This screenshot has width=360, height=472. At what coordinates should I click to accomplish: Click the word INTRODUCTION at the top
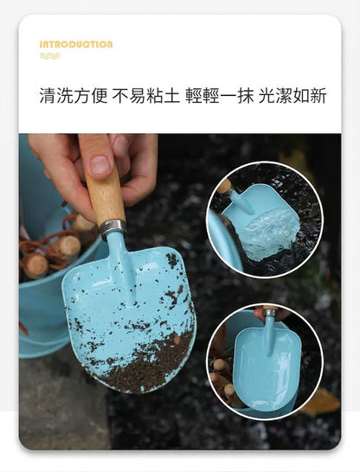(76, 45)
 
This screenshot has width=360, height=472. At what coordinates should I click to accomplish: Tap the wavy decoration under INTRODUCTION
(49, 55)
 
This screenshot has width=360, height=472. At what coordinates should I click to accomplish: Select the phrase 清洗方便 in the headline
(74, 96)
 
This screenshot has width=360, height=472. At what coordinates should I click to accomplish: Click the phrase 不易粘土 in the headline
(145, 96)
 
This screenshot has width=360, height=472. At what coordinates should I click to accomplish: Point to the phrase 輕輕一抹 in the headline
(219, 96)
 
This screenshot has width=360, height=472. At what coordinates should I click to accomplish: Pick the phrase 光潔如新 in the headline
(292, 96)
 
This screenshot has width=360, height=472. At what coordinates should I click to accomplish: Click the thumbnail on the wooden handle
(100, 164)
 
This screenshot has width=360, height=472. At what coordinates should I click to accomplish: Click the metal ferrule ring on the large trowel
(112, 228)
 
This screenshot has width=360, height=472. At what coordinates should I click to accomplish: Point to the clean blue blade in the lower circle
(267, 369)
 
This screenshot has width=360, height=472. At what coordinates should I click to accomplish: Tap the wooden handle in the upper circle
(224, 186)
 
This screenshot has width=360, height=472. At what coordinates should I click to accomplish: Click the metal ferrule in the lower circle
(269, 312)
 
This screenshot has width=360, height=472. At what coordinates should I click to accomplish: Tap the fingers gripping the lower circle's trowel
(271, 314)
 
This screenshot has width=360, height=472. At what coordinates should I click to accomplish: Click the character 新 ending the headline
(318, 96)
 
